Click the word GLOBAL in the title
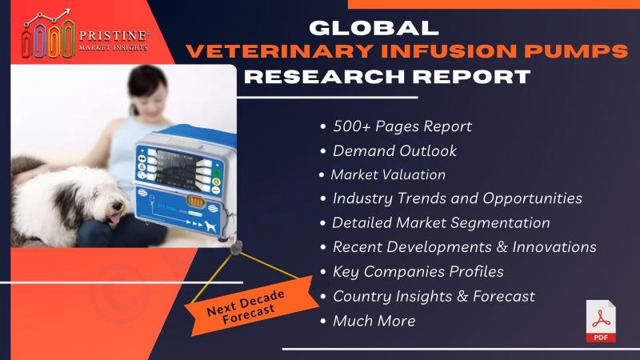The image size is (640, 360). click(374, 28)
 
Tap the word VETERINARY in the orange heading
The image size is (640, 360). click(279, 51)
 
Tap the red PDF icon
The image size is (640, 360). click(601, 322)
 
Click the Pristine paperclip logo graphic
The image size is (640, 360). click(48, 34)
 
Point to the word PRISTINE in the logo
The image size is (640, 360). click(114, 36)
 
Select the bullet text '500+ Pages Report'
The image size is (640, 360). click(402, 126)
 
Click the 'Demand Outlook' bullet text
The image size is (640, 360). click(394, 151)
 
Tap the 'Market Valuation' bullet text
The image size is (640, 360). click(388, 174)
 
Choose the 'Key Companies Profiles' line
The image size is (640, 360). click(418, 272)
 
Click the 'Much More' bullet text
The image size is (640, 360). click(374, 321)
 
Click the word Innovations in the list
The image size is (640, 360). click(554, 247)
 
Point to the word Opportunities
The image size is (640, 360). click(532, 198)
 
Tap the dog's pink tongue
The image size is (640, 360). click(114, 219)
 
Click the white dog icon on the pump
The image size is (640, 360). click(210, 226)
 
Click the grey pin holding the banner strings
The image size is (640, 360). click(236, 247)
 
